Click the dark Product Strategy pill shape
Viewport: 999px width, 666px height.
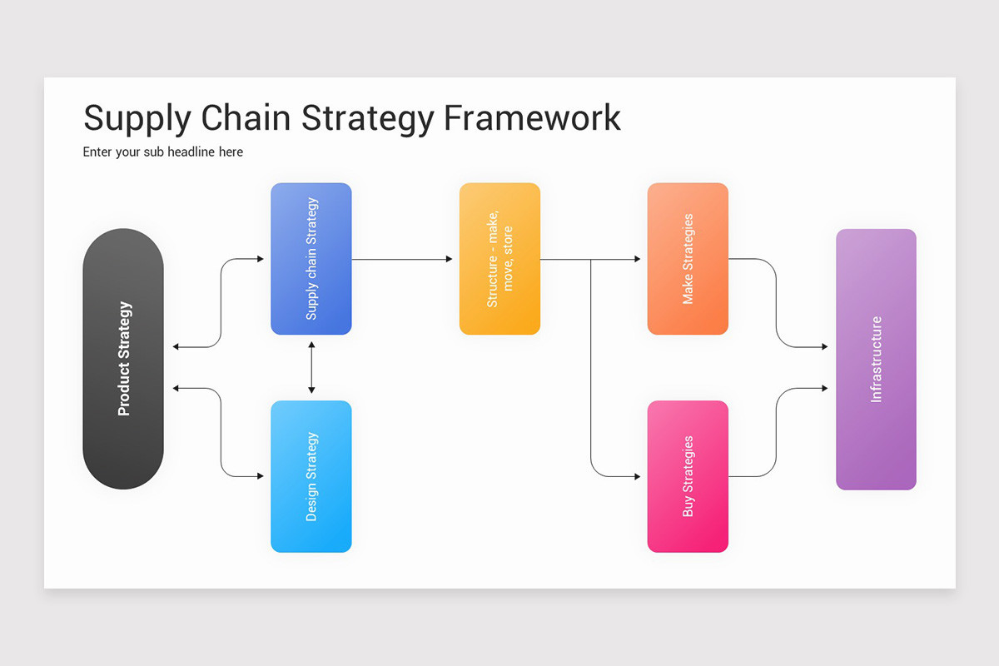123,359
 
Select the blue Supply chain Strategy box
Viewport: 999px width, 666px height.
311,259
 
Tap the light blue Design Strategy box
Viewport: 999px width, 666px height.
311,476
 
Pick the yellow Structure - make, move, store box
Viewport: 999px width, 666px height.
499,259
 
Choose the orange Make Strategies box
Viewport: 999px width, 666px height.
688,259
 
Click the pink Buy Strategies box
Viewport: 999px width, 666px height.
688,476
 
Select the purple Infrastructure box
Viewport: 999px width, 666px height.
876,359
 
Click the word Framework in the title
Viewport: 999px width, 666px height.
532,118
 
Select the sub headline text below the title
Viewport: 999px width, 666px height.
163,152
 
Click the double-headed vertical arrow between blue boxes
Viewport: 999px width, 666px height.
311,367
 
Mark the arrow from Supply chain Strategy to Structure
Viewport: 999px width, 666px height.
402,259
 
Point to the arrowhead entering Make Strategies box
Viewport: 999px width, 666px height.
637,259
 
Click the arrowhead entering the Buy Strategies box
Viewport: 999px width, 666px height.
637,476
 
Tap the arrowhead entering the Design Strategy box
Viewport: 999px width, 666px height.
260,476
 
